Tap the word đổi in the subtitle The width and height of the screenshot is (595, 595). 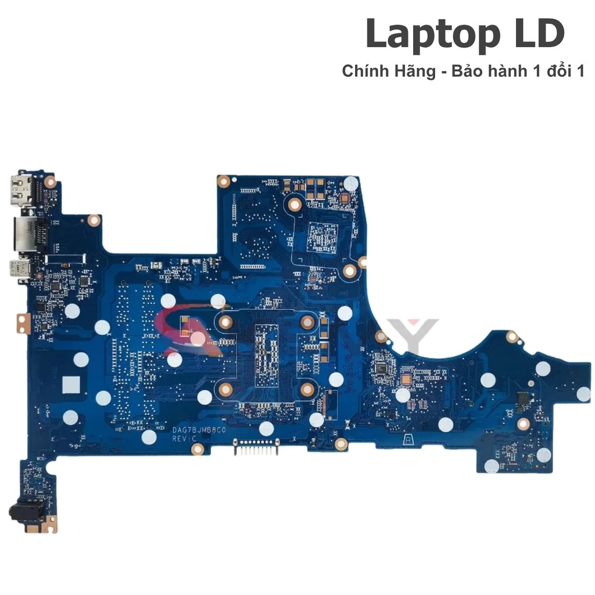(560, 71)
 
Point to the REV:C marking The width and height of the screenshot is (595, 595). (185, 440)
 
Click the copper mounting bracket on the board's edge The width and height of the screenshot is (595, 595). (21, 322)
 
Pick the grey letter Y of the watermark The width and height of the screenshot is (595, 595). (421, 337)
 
